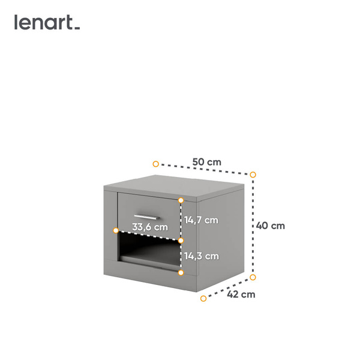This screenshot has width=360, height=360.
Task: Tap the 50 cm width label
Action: coord(206,162)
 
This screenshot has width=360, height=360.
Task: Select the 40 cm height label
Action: coord(270,226)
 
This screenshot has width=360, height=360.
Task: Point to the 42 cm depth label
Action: coord(241,294)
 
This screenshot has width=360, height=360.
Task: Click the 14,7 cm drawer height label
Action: coord(201,220)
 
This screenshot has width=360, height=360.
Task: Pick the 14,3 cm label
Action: coord(201,256)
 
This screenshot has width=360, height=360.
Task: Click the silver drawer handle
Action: coord(146,216)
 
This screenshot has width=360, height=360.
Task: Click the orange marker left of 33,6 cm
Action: coord(116,230)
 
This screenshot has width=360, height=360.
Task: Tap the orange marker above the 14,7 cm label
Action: coord(181,200)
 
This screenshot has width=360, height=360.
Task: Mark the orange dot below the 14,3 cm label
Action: coord(181,272)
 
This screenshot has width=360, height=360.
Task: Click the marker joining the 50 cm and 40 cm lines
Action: coord(253,175)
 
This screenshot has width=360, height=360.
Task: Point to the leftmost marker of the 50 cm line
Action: coord(155,164)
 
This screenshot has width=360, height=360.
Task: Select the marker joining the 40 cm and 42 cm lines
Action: coord(253,277)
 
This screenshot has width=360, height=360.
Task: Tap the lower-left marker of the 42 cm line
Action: coord(203,298)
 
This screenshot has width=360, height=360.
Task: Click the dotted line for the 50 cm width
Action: coord(180,167)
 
